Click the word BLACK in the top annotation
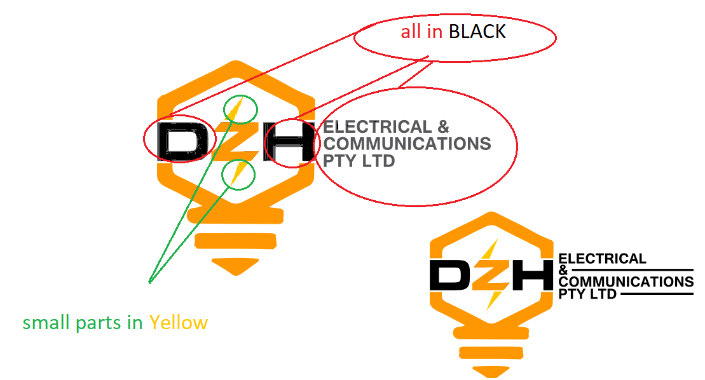click(x=477, y=32)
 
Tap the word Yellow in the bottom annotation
click(x=179, y=323)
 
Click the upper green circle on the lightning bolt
click(x=241, y=109)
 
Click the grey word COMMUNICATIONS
click(x=407, y=144)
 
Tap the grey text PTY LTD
click(x=359, y=160)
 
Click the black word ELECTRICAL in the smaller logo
click(x=602, y=259)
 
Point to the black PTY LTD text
click(x=587, y=294)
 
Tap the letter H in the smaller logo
click(x=531, y=275)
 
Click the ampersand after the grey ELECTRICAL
click(x=442, y=127)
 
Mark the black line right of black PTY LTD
click(x=655, y=295)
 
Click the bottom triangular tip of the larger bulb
click(x=235, y=266)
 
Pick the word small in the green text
click(x=46, y=323)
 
